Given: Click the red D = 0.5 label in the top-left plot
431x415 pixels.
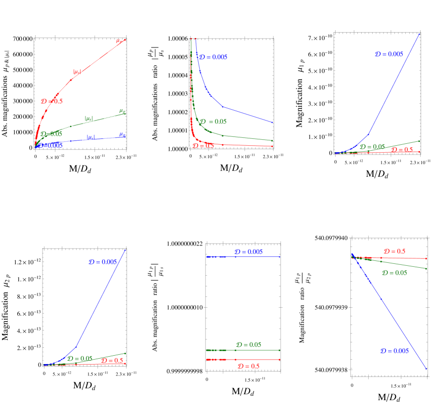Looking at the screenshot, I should (52, 101).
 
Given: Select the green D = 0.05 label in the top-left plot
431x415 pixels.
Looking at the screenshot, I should (51, 134).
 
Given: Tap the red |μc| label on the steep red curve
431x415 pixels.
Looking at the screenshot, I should (78, 72).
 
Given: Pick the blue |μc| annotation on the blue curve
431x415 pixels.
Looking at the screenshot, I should (91, 137).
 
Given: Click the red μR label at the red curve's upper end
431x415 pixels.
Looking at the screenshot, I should (119, 41).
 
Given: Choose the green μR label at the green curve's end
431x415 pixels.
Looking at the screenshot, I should (122, 111).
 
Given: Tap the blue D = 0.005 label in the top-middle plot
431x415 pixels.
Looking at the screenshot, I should (213, 57).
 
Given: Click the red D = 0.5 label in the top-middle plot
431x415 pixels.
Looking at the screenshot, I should (203, 146).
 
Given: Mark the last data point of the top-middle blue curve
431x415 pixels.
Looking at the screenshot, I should (273, 123).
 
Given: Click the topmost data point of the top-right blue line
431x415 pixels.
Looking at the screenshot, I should (419, 34).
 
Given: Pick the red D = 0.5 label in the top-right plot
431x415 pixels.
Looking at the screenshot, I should (402, 150).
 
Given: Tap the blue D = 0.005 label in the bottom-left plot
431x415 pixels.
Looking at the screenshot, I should (103, 262).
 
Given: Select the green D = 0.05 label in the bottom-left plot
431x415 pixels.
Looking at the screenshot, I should (80, 358).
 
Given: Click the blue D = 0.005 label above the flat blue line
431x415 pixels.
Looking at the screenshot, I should (249, 252).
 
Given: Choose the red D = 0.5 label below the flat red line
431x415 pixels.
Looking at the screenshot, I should (249, 366).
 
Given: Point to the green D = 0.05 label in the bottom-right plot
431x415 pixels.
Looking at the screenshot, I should (394, 273).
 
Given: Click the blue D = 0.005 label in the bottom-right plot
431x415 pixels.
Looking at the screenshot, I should (394, 351).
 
